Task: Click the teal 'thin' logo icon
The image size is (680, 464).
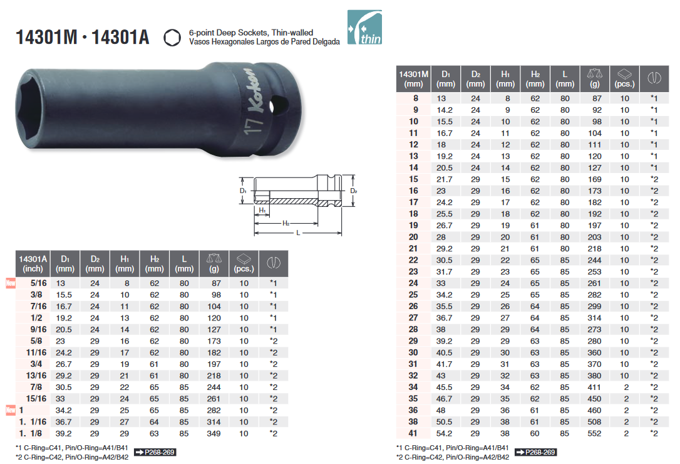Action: click(364, 28)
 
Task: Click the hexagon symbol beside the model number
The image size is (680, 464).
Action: click(172, 38)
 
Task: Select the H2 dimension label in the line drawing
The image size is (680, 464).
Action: click(286, 223)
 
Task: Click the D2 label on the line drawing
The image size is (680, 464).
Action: click(353, 191)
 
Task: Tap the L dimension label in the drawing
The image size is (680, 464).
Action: click(298, 233)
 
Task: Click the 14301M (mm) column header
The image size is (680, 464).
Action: click(413, 79)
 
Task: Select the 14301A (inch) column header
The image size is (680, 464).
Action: click(33, 264)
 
